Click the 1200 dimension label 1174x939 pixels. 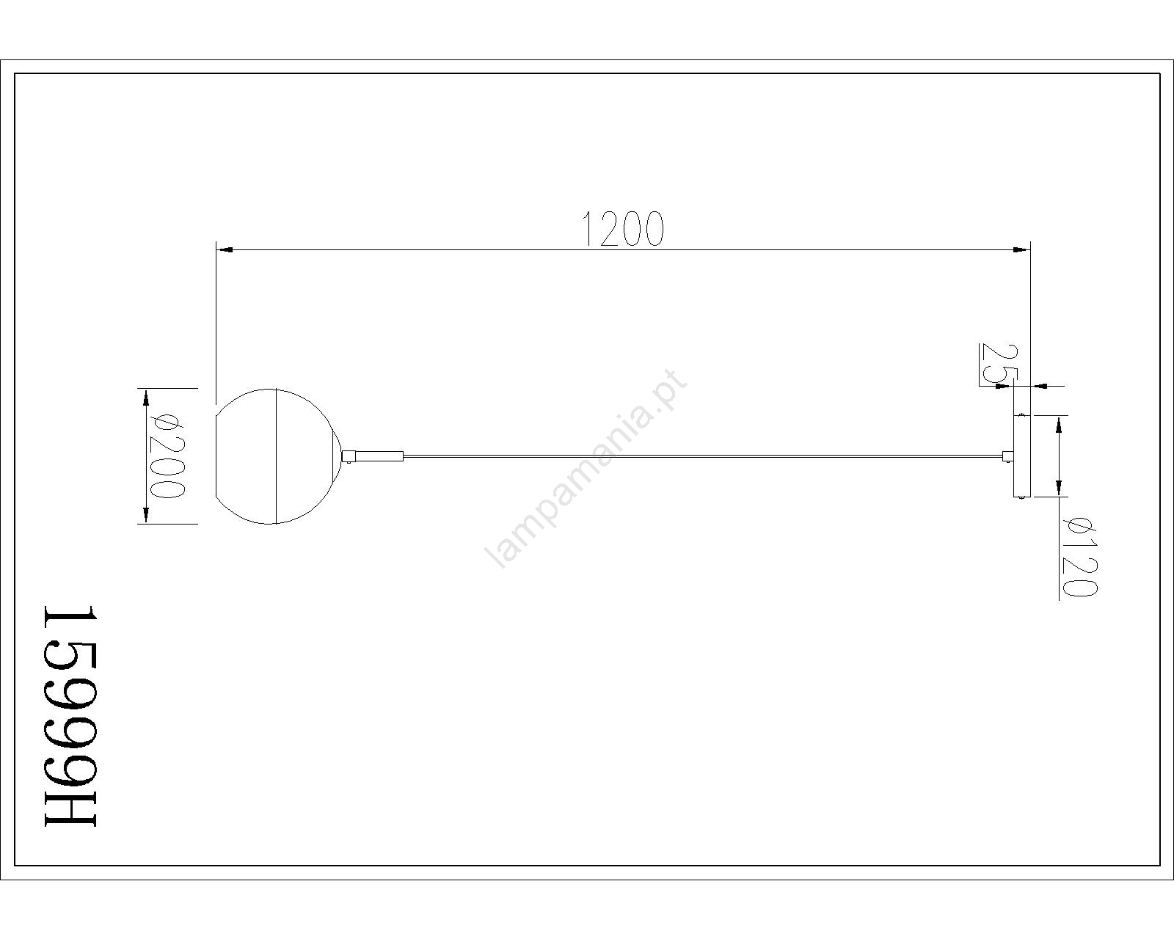[x=624, y=229]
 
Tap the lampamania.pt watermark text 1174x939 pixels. [x=586, y=469]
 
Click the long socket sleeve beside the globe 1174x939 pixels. [x=379, y=456]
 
